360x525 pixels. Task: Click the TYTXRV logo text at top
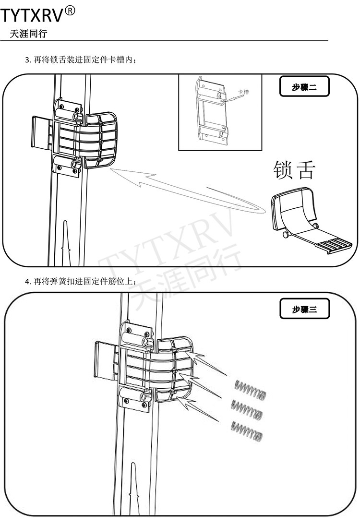(32, 16)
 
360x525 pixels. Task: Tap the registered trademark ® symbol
(70, 11)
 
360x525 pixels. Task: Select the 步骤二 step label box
(304, 87)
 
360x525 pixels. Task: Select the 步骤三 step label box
(305, 309)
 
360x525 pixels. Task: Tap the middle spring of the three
(247, 408)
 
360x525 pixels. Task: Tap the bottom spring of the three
(248, 430)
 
